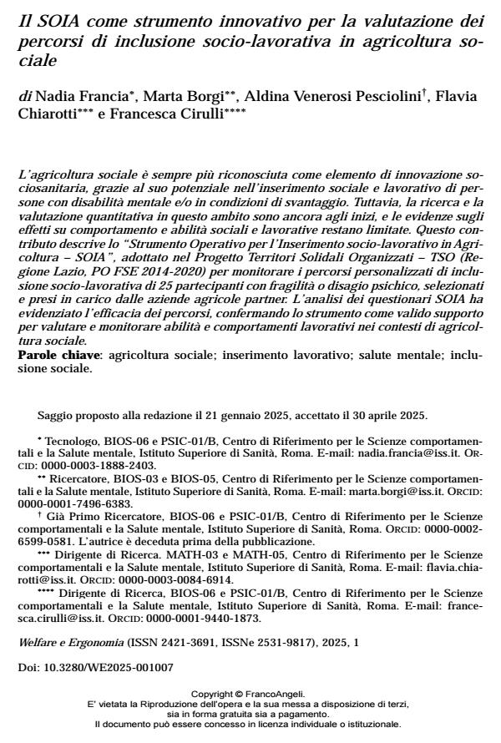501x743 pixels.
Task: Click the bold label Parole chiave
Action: point(57,355)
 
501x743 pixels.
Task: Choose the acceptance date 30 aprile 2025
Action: point(390,415)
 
